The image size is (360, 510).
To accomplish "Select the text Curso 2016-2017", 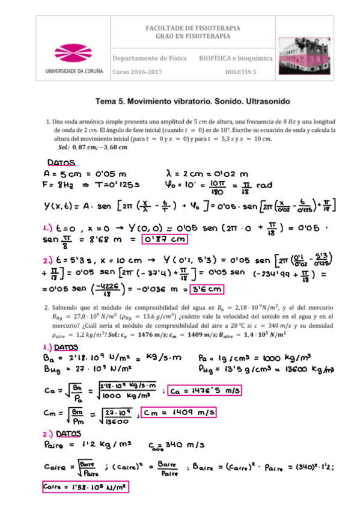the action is coord(137,72).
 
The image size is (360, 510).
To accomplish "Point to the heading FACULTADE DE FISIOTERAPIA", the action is coord(194,28).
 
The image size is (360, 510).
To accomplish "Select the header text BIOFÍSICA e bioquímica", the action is coord(236,58).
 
